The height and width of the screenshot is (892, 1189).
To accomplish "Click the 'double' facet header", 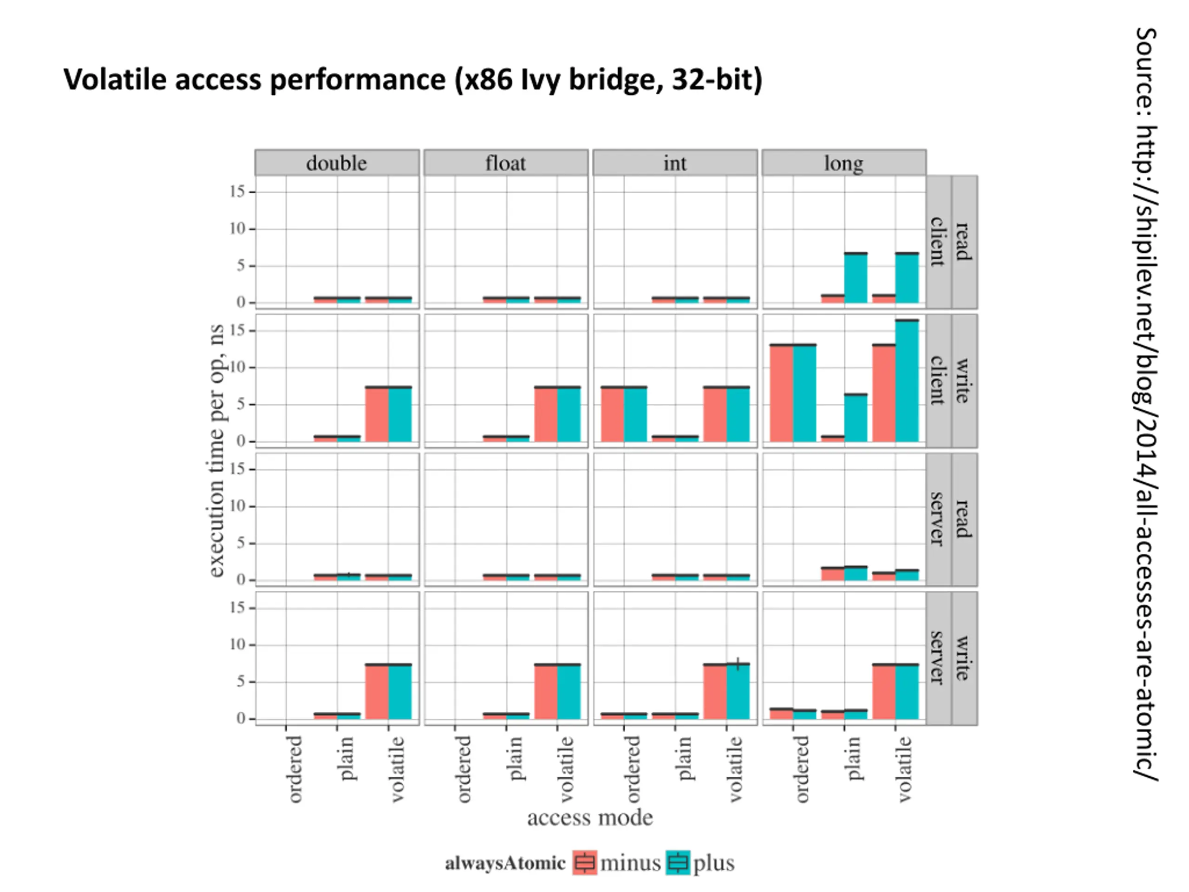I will tap(336, 163).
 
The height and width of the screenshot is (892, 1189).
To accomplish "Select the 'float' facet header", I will tap(505, 163).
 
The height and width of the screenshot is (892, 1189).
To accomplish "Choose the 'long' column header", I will tap(843, 163).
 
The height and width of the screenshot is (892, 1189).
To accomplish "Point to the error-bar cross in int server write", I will tap(738, 664).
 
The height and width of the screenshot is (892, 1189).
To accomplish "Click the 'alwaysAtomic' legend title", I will tap(505, 863).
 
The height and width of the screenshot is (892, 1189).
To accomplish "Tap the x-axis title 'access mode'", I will tap(590, 818).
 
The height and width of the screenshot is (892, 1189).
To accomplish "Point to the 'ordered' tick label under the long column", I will tap(802, 769).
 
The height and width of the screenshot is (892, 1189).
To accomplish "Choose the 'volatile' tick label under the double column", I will tap(397, 769).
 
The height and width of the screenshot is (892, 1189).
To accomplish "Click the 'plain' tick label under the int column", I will tap(684, 759).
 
